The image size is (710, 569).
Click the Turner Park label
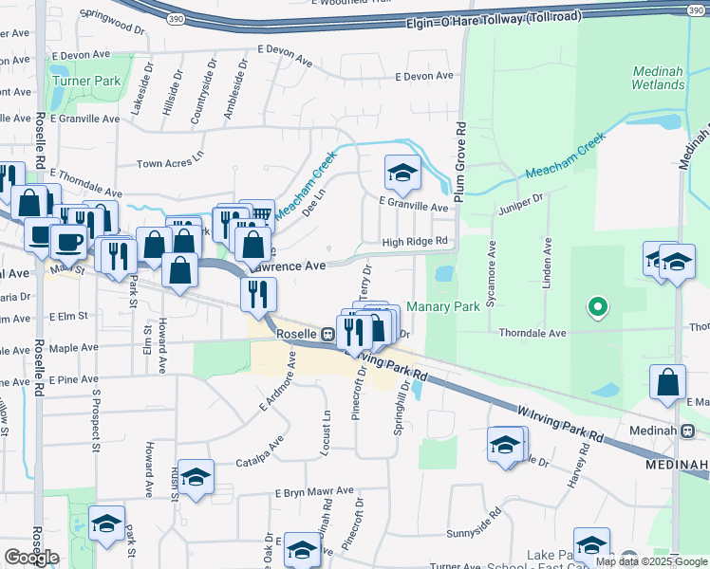pos(86,81)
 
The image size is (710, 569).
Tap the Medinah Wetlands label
pos(659,78)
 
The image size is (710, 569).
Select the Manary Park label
pos(443,306)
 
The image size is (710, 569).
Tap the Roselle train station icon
pos(327,335)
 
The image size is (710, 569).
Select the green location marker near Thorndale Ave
pos(597,307)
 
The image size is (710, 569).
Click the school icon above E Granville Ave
pos(402,173)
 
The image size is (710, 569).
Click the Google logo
pos(31,557)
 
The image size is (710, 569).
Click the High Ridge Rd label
pos(414,242)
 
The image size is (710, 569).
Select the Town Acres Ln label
pos(171,163)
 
